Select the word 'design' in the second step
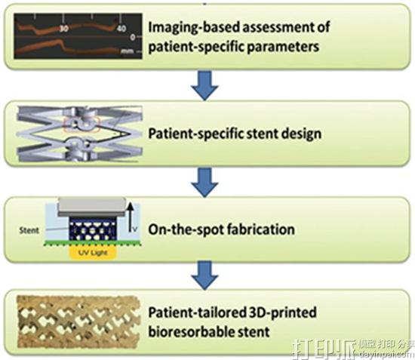coord(300,135)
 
